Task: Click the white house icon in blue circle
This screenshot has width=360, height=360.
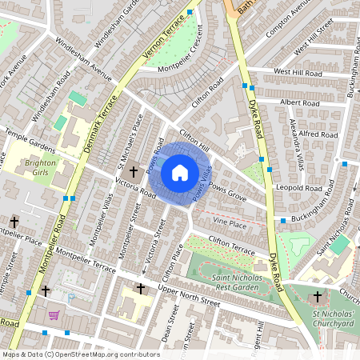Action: pyautogui.click(x=180, y=173)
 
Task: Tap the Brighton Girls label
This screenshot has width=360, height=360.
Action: pyautogui.click(x=40, y=167)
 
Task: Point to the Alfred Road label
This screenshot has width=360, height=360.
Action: pyautogui.click(x=319, y=134)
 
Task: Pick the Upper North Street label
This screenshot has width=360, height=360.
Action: pyautogui.click(x=189, y=298)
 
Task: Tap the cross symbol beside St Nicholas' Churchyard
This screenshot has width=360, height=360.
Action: pyautogui.click(x=318, y=297)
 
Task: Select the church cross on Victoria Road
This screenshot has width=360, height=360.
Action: pyautogui.click(x=132, y=171)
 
